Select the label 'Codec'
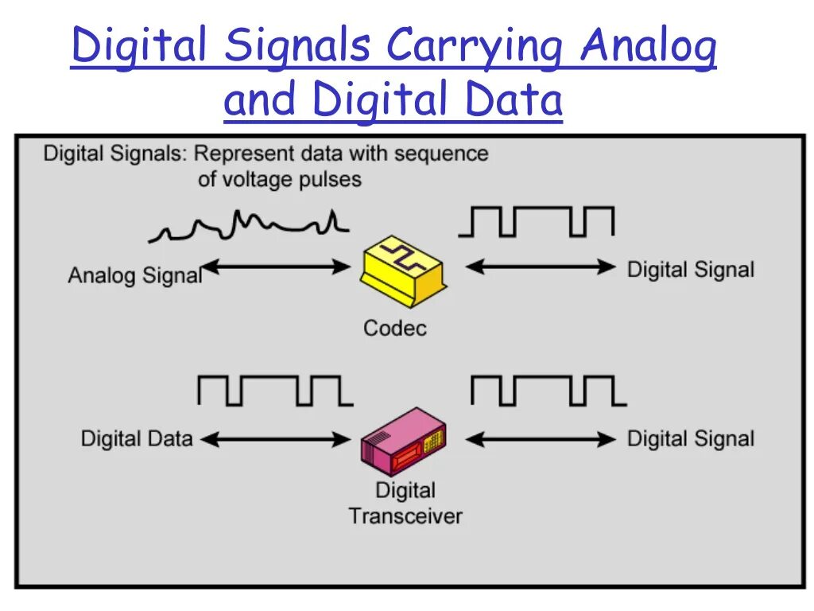395,328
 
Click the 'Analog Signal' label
134,276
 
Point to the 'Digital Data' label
137,438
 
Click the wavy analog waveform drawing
250,225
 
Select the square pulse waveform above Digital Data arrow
274,391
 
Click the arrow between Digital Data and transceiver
276,438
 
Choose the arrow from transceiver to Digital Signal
541,438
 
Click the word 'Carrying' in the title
475,48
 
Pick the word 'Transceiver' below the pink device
405,516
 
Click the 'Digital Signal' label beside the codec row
690,270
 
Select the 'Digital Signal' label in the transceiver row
690,438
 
